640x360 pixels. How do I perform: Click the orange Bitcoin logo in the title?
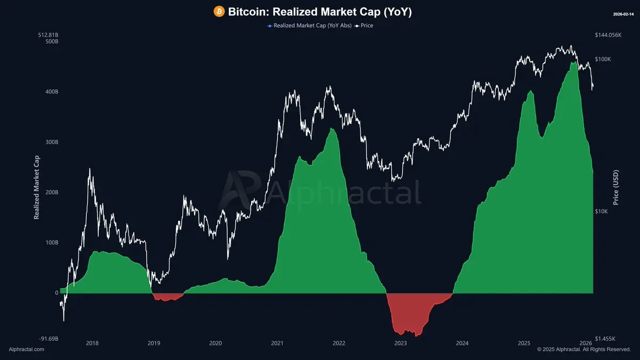[219, 11]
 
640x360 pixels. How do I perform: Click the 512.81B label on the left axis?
[48, 35]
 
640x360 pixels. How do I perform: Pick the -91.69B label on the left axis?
[48, 339]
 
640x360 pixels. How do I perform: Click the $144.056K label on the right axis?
[609, 35]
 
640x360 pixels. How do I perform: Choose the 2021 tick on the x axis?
[277, 343]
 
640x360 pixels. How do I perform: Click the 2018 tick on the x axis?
[92, 343]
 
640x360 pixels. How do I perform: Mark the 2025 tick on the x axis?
[524, 343]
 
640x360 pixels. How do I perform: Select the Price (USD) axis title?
[616, 188]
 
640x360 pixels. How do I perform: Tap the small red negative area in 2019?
[166, 297]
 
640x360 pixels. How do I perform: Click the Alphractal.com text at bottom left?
[27, 349]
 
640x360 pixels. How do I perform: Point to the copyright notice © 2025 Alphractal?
[583, 349]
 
